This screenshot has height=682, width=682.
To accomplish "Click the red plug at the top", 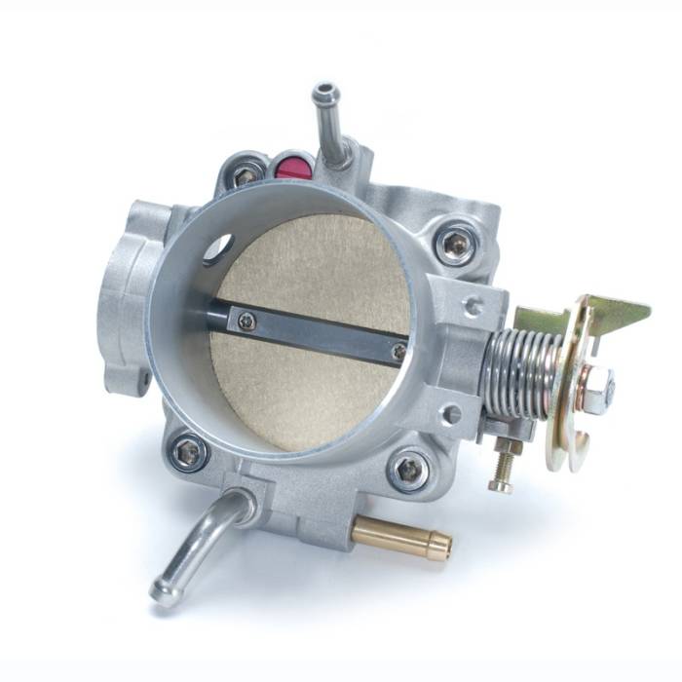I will click(293, 167).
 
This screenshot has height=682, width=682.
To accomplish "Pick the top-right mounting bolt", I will click(454, 246).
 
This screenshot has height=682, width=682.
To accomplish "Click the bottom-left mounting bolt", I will click(188, 451).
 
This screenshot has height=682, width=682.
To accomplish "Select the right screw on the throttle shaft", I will click(398, 350).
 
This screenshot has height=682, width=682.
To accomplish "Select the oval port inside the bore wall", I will click(219, 246).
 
